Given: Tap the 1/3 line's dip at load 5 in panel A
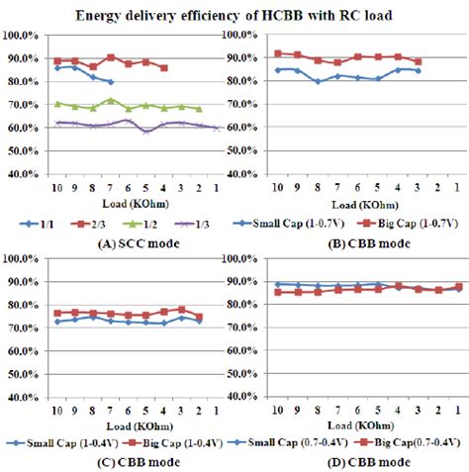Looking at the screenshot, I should pos(146,131).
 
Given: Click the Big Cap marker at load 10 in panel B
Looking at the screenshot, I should pos(278,53).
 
